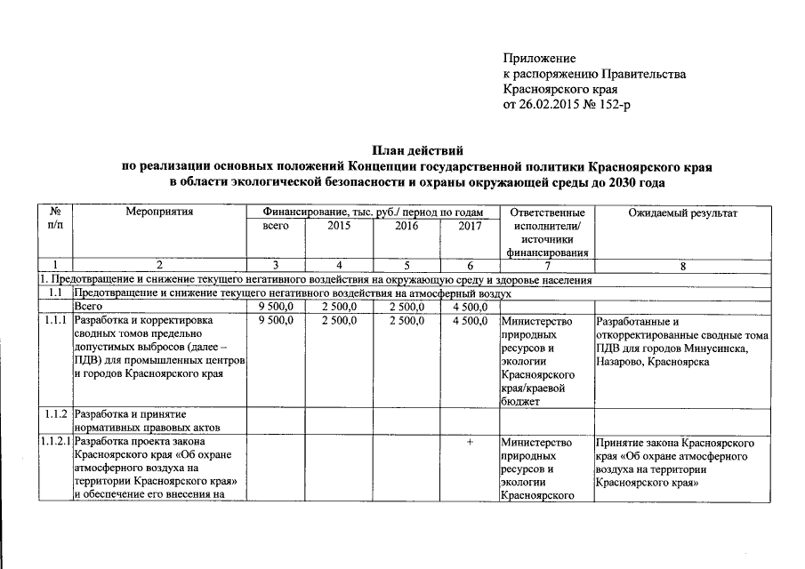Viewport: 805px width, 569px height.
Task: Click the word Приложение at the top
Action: click(x=539, y=58)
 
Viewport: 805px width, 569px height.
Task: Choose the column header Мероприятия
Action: click(x=159, y=213)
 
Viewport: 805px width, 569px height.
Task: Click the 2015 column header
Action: click(x=339, y=227)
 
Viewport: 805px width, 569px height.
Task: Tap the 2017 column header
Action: click(x=469, y=227)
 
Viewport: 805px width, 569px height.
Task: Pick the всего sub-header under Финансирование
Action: click(x=276, y=227)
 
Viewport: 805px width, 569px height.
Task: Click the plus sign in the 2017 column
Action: click(x=469, y=442)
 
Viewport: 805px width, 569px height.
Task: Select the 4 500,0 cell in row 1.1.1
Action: click(x=469, y=321)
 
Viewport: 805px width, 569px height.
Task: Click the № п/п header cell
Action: click(x=55, y=220)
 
